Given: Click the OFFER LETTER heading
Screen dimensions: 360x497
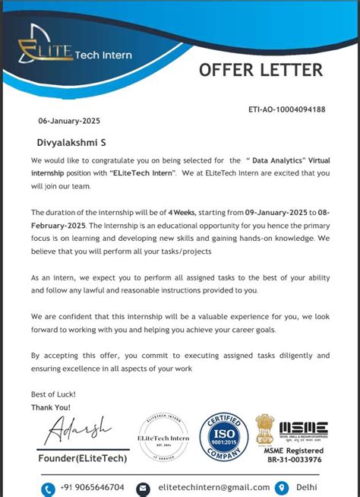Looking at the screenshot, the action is [x=261, y=70].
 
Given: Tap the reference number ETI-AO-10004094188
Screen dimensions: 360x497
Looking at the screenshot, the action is [x=286, y=109].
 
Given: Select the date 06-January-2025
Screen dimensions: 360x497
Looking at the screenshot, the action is [x=69, y=121].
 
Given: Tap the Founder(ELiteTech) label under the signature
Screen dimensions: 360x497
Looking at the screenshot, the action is [x=83, y=458].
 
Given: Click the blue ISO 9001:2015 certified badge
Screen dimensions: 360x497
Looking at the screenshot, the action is [x=223, y=437].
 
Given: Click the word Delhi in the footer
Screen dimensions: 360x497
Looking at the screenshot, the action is [x=307, y=487].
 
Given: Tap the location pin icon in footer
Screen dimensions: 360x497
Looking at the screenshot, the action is [x=281, y=487].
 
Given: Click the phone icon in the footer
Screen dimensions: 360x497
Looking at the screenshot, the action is [x=49, y=488].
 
